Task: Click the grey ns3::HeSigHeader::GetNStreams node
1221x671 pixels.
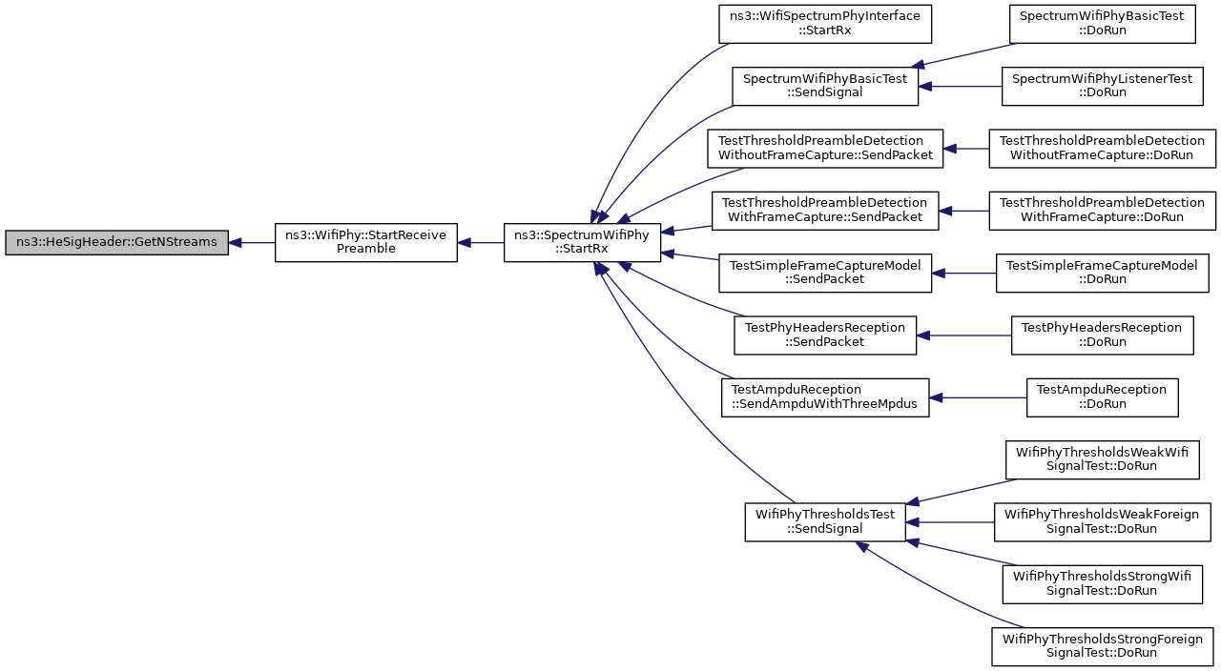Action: pos(116,242)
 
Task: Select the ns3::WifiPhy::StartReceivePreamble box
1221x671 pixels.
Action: pos(365,242)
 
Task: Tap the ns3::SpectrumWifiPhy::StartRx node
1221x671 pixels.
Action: pos(582,242)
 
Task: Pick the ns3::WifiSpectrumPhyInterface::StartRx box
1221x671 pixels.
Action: pos(825,24)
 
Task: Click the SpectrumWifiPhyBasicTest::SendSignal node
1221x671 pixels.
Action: pos(825,86)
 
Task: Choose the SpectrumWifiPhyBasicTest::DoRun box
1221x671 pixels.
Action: pos(1102,24)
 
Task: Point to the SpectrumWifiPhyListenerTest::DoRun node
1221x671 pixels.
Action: pos(1102,86)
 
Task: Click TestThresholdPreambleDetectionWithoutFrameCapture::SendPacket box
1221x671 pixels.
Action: pos(825,148)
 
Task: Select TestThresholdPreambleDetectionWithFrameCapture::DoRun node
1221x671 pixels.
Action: pos(1102,211)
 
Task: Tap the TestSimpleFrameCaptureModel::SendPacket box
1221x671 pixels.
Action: pos(825,273)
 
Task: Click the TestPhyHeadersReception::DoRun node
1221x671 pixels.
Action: pos(1102,335)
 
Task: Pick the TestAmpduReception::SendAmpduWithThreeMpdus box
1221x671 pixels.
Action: pos(825,397)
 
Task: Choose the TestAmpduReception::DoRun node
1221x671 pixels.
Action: pos(1102,397)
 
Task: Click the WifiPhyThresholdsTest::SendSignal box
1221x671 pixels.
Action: pos(825,521)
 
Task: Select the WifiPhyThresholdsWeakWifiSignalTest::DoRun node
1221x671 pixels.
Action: pos(1102,459)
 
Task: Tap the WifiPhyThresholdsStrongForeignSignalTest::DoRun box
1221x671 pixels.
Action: pos(1102,646)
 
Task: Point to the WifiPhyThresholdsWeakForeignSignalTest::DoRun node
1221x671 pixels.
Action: pos(1102,521)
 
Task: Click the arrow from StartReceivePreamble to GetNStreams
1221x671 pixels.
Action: pos(252,242)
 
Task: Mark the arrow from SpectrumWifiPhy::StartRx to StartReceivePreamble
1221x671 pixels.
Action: pos(480,242)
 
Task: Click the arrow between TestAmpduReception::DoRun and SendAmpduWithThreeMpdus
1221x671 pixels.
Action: pos(978,397)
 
